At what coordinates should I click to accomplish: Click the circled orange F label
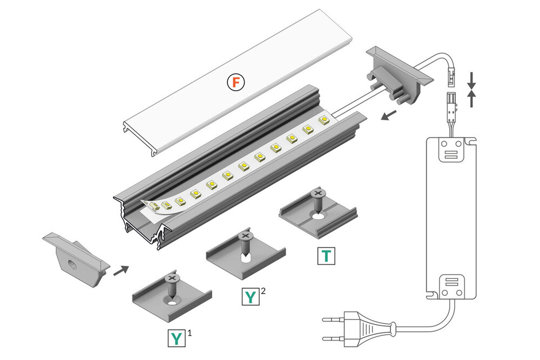click(235, 83)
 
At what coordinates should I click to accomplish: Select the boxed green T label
click(326, 256)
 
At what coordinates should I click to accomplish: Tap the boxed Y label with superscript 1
click(176, 338)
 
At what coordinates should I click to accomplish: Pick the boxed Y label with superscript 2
click(250, 296)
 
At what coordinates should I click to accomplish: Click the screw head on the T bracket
click(318, 192)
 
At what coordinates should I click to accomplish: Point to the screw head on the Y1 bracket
click(173, 278)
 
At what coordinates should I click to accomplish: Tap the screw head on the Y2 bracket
click(245, 236)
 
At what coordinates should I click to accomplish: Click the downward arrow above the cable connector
click(472, 79)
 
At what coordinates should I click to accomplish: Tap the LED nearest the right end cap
click(323, 120)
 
